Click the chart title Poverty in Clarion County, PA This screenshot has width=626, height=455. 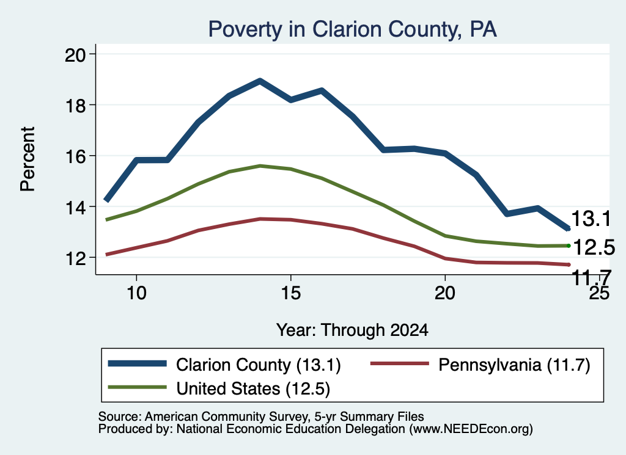(353, 29)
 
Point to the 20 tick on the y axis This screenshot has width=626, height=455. (75, 54)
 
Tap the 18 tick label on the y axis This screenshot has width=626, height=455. (75, 106)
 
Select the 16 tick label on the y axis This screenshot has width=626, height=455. (75, 156)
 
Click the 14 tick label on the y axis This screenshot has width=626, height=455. (75, 208)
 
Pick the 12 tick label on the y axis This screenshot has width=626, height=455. (75, 258)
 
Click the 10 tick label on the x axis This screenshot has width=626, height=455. (136, 293)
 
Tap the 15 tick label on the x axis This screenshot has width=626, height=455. (290, 293)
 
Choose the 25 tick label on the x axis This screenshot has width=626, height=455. (599, 293)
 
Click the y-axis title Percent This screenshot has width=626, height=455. (28, 159)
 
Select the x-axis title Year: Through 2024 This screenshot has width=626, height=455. (352, 330)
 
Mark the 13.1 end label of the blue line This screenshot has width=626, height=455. (591, 219)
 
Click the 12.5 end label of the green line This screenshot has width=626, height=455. (594, 247)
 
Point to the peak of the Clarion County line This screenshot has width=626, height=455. (260, 81)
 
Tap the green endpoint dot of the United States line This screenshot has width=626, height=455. (569, 246)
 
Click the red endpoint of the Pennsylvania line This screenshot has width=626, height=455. (569, 265)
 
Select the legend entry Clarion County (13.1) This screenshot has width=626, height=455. (224, 365)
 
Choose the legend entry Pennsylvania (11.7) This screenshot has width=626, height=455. (481, 365)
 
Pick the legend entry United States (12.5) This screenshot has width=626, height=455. (219, 388)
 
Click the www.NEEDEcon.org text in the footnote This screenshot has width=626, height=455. (471, 429)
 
